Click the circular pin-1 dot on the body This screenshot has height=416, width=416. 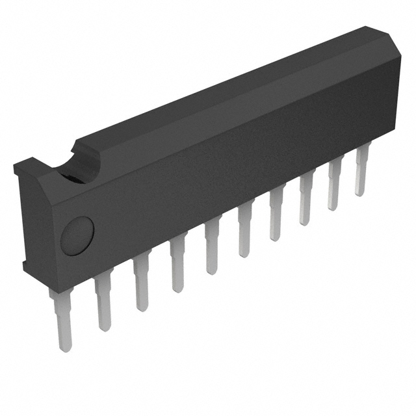[77, 235]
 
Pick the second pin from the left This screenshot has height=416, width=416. [103, 302]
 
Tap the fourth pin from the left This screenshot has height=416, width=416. [177, 266]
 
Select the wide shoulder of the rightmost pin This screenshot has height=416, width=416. [361, 156]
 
